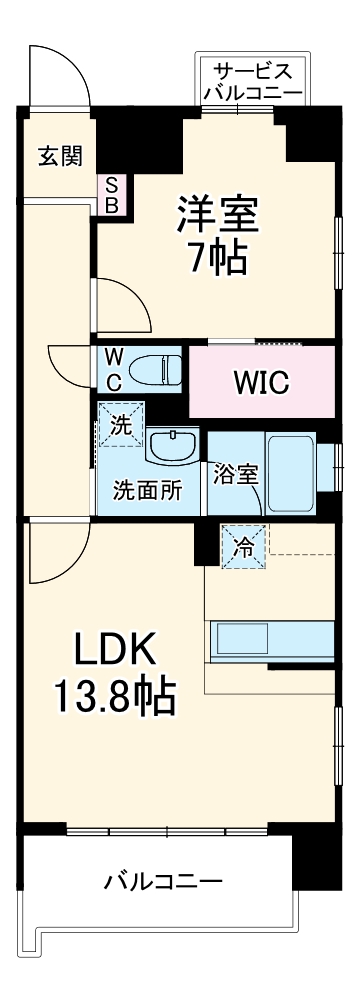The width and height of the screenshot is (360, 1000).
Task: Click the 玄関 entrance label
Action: point(53,156)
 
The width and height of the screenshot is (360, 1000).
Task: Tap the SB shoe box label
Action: point(111,196)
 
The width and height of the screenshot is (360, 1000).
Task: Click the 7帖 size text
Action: point(218,259)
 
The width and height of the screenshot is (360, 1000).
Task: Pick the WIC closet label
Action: point(261,382)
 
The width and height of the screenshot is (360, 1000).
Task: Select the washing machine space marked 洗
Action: point(120,424)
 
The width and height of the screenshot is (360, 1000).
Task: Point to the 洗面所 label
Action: point(147,491)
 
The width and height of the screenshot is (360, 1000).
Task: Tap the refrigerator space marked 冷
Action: point(244,547)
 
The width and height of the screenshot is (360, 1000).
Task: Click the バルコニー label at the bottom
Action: point(163,883)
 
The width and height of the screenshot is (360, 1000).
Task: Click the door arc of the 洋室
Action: point(125,305)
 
